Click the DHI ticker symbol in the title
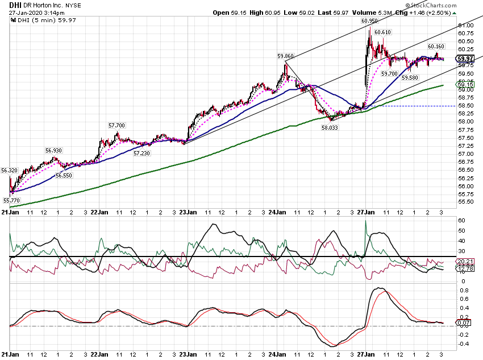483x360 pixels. point(15,5)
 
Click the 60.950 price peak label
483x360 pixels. point(369,21)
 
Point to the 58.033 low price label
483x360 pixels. point(330,127)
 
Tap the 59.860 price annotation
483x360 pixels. point(286,56)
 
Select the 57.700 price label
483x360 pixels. point(116,126)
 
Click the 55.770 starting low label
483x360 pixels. point(11,200)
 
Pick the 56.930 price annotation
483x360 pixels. point(53,150)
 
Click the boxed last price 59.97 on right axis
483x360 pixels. point(465,59)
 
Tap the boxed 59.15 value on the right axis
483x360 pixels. point(465,84)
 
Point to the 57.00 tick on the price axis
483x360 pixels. point(466,154)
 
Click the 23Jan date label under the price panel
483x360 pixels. point(188,212)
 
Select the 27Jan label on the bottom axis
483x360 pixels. point(366,354)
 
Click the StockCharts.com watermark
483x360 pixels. point(431,5)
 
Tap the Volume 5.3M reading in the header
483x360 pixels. point(372,13)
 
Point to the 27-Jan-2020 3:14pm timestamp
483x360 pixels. point(37,13)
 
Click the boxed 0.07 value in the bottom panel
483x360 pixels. point(464,322)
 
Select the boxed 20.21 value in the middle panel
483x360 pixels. point(465,262)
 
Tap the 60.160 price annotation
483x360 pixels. point(436,47)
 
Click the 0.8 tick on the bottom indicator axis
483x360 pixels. point(464,291)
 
